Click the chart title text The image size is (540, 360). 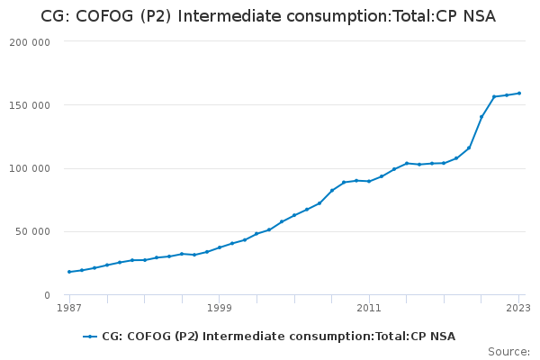268,16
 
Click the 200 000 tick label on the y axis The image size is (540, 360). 31,41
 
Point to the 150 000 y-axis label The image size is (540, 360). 31,105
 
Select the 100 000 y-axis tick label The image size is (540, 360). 31,168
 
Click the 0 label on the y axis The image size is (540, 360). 47,295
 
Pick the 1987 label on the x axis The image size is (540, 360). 69,308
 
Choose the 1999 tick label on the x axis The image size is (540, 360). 220,308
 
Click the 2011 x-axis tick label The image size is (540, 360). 369,308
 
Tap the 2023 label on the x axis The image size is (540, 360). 518,308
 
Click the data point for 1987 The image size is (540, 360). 69,272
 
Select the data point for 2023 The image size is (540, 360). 519,94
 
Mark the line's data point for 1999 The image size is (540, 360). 220,247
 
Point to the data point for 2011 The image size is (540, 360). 369,181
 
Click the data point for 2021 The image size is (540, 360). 494,96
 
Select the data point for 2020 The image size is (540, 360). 481,117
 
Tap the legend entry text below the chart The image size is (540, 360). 278,337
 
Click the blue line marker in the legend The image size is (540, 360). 90,337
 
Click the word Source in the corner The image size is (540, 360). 508,352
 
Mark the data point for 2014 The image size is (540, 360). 407,163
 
